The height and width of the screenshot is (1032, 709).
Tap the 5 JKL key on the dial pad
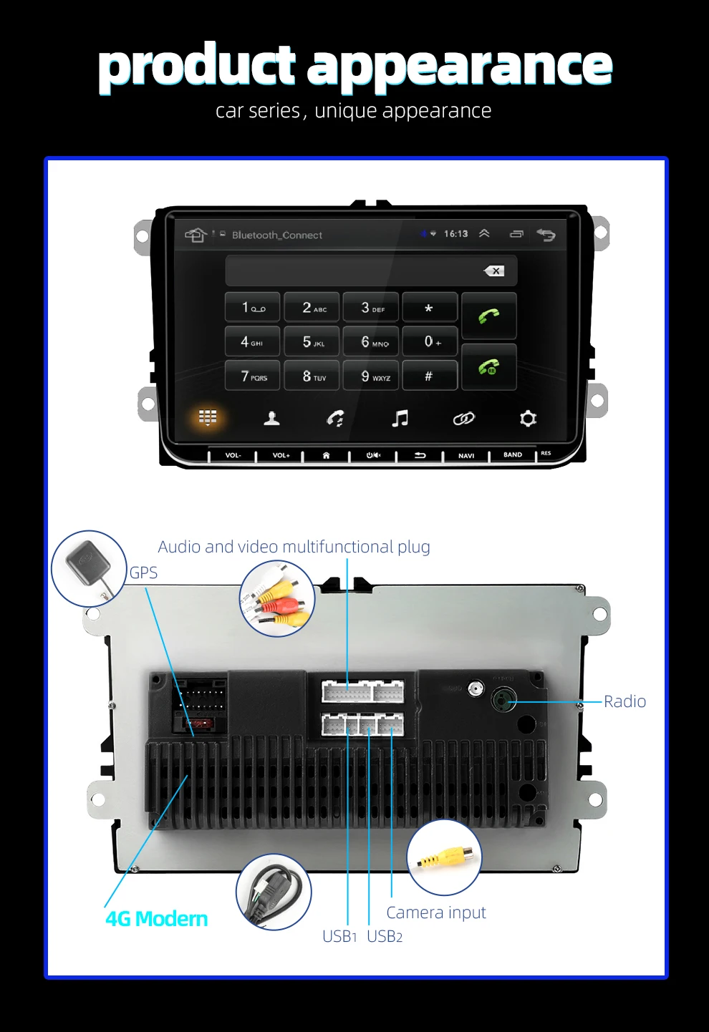pos(312,342)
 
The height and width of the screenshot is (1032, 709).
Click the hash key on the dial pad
pos(429,376)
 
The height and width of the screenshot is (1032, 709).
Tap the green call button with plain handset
pos(489,316)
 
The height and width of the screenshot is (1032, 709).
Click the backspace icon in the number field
pos(494,271)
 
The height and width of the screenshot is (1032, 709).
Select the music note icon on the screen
pos(400,419)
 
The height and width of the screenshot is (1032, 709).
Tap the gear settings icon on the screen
pos(528,419)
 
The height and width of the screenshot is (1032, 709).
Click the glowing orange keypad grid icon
pos(208,417)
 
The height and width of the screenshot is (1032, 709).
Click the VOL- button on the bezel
pos(233,455)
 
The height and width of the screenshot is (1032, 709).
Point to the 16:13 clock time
pos(455,234)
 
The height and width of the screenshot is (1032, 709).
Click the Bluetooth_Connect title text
pos(277,235)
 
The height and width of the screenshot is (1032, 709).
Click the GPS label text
pos(143,573)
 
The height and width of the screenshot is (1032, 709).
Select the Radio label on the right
pos(624,701)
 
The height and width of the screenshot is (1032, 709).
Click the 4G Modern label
pos(157,919)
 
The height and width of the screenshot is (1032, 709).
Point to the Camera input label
pos(436,912)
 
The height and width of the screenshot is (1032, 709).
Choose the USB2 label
pos(385,937)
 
